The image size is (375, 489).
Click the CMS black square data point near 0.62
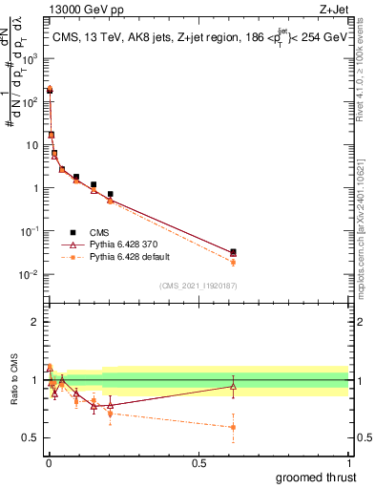click(x=234, y=252)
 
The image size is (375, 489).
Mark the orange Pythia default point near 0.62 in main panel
click(x=234, y=263)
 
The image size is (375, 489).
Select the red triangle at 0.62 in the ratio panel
click(x=234, y=387)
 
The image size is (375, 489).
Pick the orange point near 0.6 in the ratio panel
click(x=234, y=427)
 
